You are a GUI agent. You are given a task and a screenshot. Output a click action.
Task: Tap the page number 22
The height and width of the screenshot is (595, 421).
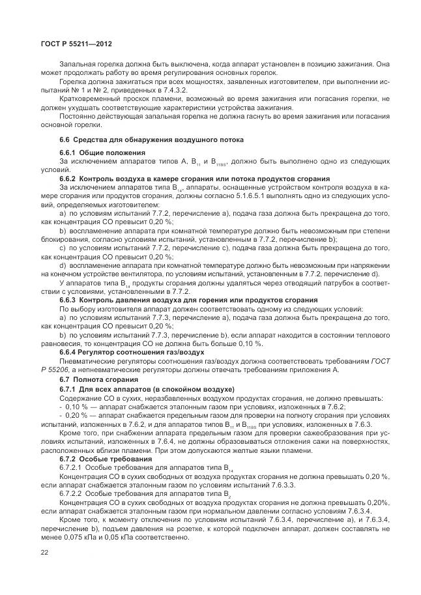45,553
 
